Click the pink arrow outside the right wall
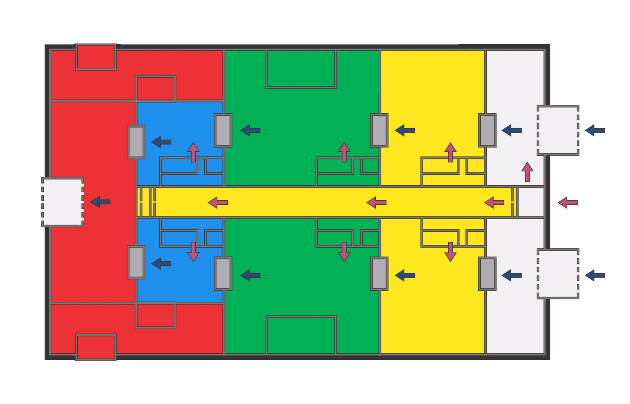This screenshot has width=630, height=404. click(x=567, y=203)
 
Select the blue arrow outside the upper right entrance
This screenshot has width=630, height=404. click(x=595, y=131)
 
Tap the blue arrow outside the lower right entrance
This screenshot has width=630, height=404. click(x=595, y=275)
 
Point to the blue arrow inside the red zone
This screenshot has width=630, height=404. click(x=100, y=202)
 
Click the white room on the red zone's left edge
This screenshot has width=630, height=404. click(x=62, y=202)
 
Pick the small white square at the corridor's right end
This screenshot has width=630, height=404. click(x=531, y=202)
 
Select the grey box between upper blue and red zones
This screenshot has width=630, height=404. click(x=136, y=142)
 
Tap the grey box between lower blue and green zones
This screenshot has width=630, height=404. click(x=223, y=274)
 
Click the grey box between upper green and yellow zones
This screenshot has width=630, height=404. click(x=379, y=130)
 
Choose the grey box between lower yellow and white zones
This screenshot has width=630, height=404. click(x=487, y=274)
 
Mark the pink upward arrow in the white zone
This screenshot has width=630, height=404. click(x=527, y=172)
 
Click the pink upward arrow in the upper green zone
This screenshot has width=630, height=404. click(x=344, y=152)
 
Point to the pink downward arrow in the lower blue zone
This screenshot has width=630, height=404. click(x=193, y=251)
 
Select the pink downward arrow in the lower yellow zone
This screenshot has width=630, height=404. click(x=450, y=251)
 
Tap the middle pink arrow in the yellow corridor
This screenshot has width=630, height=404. click(x=376, y=203)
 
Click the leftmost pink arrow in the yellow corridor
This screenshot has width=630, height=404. click(x=218, y=203)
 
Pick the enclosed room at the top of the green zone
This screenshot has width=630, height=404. click(x=301, y=69)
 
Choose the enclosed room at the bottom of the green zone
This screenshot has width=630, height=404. click(x=301, y=335)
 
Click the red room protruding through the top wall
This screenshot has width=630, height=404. click(x=96, y=57)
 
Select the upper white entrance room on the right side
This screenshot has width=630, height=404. click(x=558, y=130)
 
